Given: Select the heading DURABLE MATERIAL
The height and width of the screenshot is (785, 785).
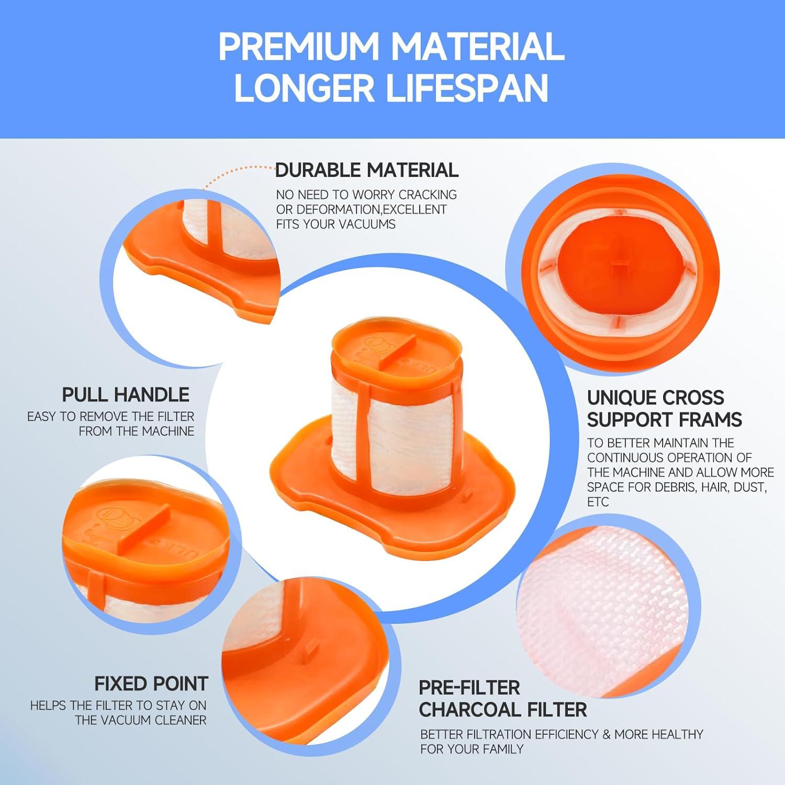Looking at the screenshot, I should click(x=367, y=170).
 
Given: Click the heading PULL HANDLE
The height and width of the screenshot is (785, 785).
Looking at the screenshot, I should click(x=126, y=394).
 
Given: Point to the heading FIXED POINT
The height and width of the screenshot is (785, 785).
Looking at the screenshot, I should click(x=151, y=683).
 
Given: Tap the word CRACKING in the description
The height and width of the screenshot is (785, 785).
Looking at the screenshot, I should click(x=428, y=195).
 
